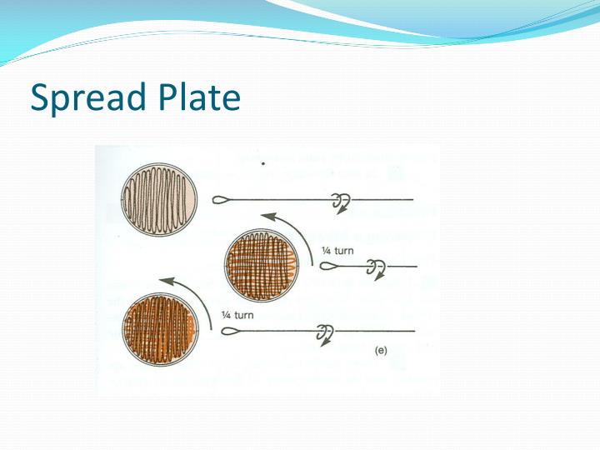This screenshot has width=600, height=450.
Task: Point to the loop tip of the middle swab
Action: pos(327,267)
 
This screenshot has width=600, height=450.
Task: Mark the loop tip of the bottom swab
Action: pos(231,332)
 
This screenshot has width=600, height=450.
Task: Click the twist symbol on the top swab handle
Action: pos(339,202)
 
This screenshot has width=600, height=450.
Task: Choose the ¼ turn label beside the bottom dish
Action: pos(238,315)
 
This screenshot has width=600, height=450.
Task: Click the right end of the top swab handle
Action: pos(412,200)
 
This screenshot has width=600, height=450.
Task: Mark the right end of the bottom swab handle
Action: pos(414,332)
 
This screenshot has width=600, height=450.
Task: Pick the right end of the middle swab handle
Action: pos(414,267)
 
